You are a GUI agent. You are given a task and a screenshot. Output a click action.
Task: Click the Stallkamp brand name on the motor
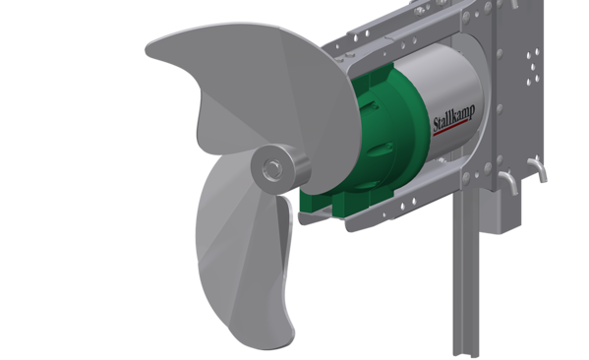pos(454,118)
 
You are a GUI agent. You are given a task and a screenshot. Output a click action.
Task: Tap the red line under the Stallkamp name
pos(450,128)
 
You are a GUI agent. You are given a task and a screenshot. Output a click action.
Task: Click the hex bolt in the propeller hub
pos(272,167)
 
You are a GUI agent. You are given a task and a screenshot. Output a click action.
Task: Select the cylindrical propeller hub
pos(280,167)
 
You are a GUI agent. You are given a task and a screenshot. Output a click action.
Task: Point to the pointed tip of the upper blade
pos(147,51)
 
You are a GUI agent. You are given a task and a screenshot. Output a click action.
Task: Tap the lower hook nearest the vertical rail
pos(508,181)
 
